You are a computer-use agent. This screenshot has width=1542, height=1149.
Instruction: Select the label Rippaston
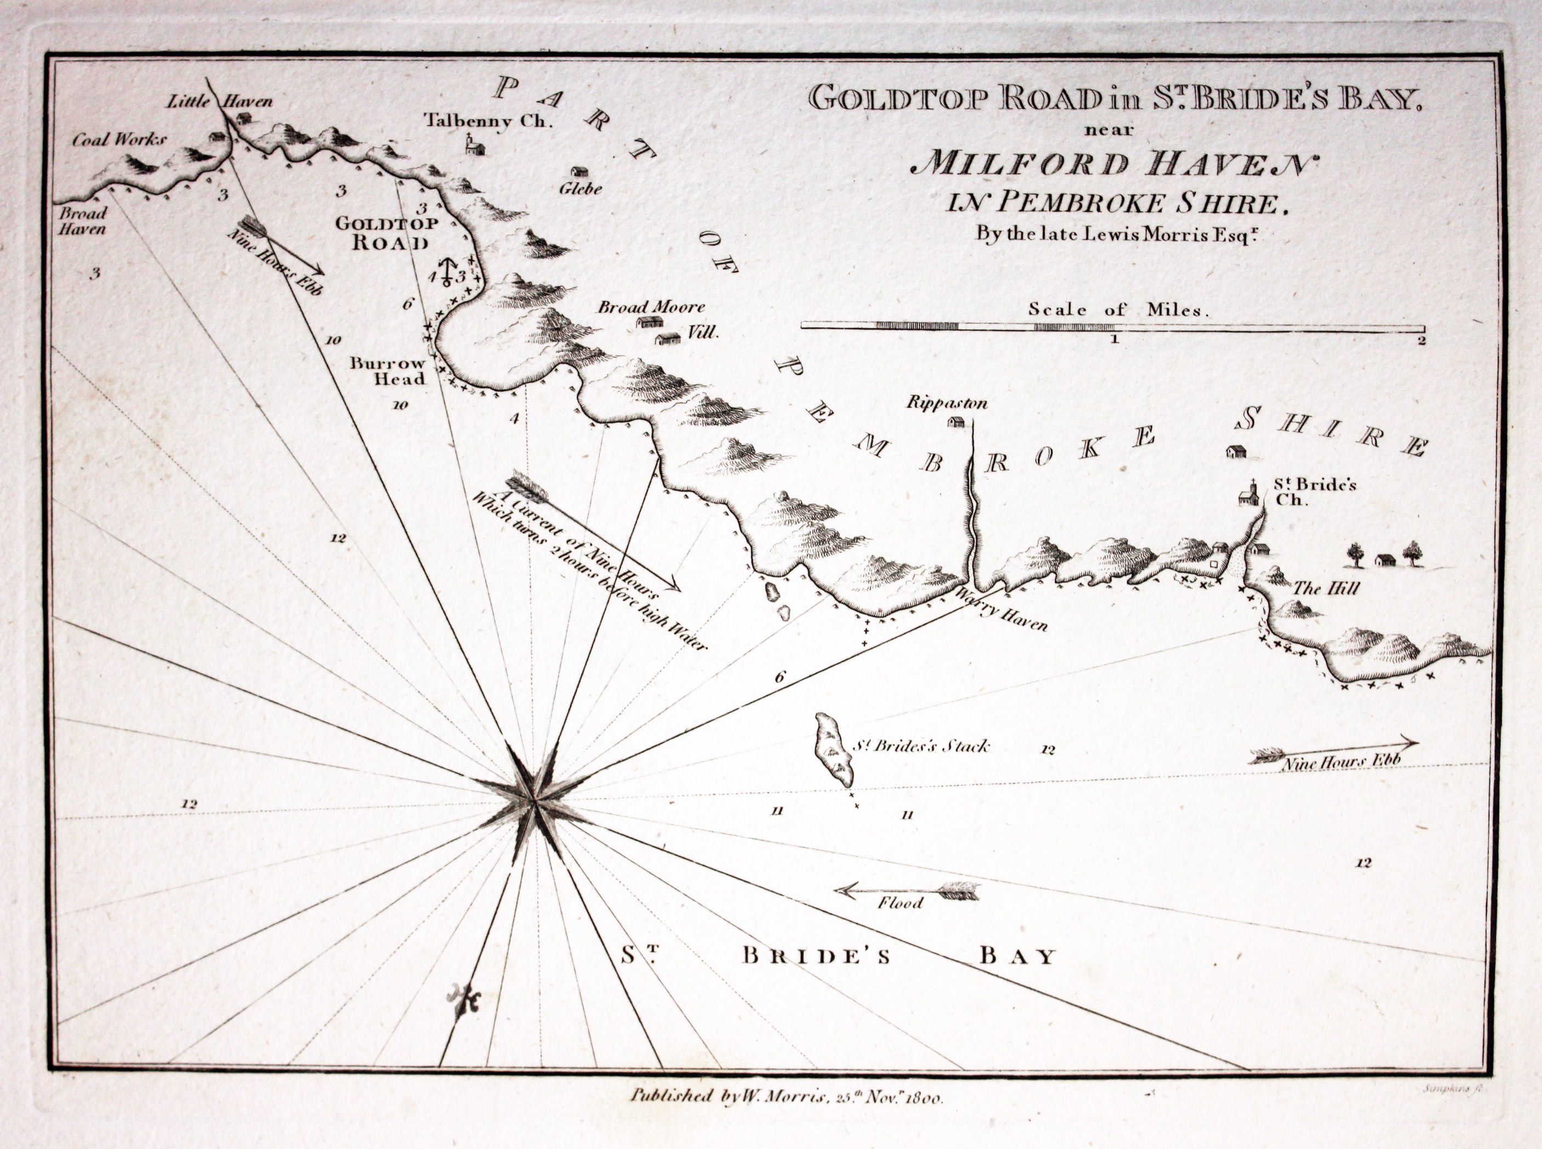point(947,403)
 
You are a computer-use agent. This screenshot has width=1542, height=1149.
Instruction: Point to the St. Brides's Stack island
point(833,750)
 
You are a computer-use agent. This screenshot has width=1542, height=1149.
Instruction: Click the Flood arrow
point(908,891)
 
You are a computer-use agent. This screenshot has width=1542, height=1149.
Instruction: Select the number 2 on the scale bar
point(1421,341)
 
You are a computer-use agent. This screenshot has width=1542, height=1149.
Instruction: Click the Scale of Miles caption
point(1119,309)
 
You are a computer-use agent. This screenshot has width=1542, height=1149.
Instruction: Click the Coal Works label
point(119,140)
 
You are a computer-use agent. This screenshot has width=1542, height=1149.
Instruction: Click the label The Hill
point(1325,588)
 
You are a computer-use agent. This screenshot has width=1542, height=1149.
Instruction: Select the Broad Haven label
point(82,221)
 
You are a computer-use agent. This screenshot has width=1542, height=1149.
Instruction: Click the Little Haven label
point(220,101)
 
